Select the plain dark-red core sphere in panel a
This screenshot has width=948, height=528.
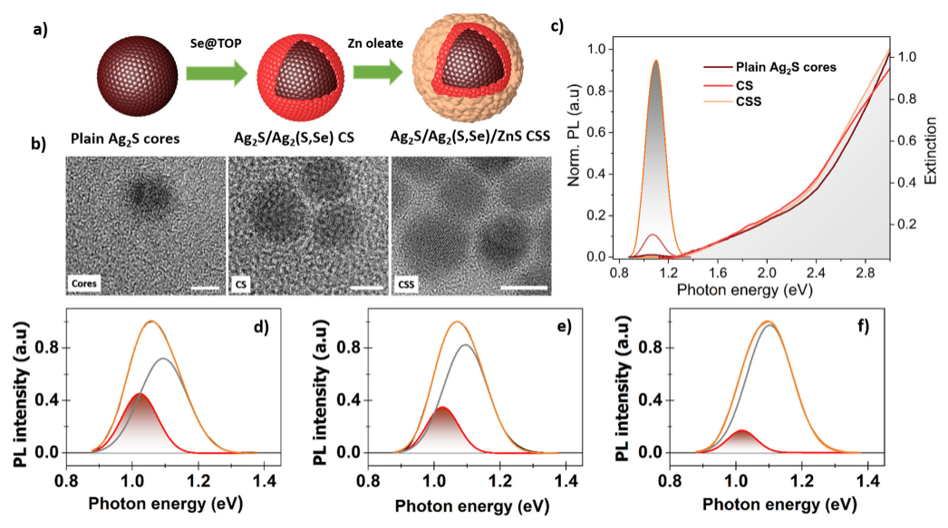click(128, 72)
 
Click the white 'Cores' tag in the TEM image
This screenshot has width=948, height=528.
click(85, 283)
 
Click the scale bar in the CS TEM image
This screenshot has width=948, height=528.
click(365, 290)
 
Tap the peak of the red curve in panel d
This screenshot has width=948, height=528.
click(138, 394)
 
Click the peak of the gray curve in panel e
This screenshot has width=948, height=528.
click(465, 345)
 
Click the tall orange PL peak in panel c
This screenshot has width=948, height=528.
click(656, 62)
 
